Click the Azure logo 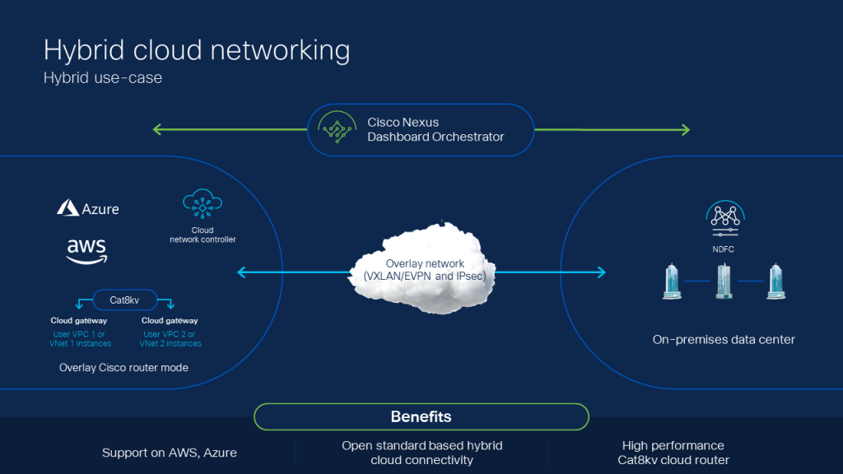(x=87, y=208)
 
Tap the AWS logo (x=86, y=251)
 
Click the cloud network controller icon (x=203, y=203)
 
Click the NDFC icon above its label (x=724, y=216)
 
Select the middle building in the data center (x=724, y=281)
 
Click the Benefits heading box (x=421, y=416)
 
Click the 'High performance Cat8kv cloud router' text (x=673, y=453)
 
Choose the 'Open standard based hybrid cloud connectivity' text (x=421, y=453)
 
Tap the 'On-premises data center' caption (x=724, y=339)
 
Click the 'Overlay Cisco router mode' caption (x=123, y=367)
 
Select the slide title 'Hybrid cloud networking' (x=197, y=50)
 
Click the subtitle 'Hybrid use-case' (x=103, y=79)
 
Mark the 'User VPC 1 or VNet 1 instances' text (x=81, y=338)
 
